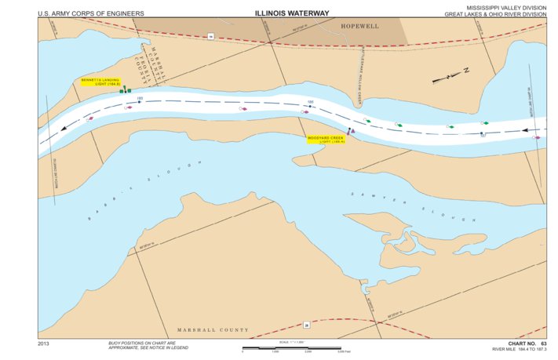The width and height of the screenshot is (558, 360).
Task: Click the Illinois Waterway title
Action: coord(291,13)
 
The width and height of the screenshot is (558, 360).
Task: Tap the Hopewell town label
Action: coord(360,26)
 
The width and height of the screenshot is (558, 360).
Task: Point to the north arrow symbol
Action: coord(449,76)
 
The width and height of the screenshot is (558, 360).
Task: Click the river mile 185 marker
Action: coord(140,100)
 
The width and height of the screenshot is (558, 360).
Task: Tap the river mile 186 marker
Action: coord(311,105)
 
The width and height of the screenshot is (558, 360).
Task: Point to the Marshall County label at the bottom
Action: coord(213,329)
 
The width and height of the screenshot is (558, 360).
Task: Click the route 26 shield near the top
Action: coord(210,36)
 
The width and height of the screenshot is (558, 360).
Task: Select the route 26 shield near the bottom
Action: coord(307,325)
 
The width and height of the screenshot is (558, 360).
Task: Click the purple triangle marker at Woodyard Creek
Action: coord(352,131)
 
